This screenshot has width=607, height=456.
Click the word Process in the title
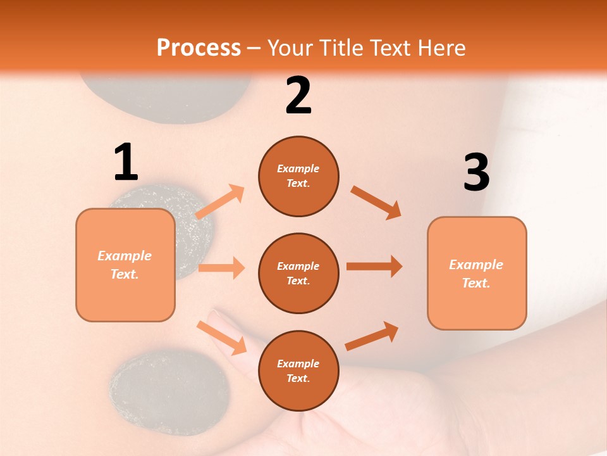199,48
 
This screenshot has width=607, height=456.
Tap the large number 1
126,163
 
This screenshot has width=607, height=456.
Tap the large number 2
298,96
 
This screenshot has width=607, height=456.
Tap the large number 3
476,174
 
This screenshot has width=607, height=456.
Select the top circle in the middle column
298,176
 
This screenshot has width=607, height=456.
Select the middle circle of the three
298,273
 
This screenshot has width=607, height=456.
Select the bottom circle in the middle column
298,370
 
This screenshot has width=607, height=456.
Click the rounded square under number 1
125,265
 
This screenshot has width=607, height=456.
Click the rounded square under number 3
477,273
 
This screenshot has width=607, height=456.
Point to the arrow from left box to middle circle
221,268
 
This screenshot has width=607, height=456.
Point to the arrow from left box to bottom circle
222,337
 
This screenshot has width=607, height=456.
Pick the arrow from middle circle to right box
374,267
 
